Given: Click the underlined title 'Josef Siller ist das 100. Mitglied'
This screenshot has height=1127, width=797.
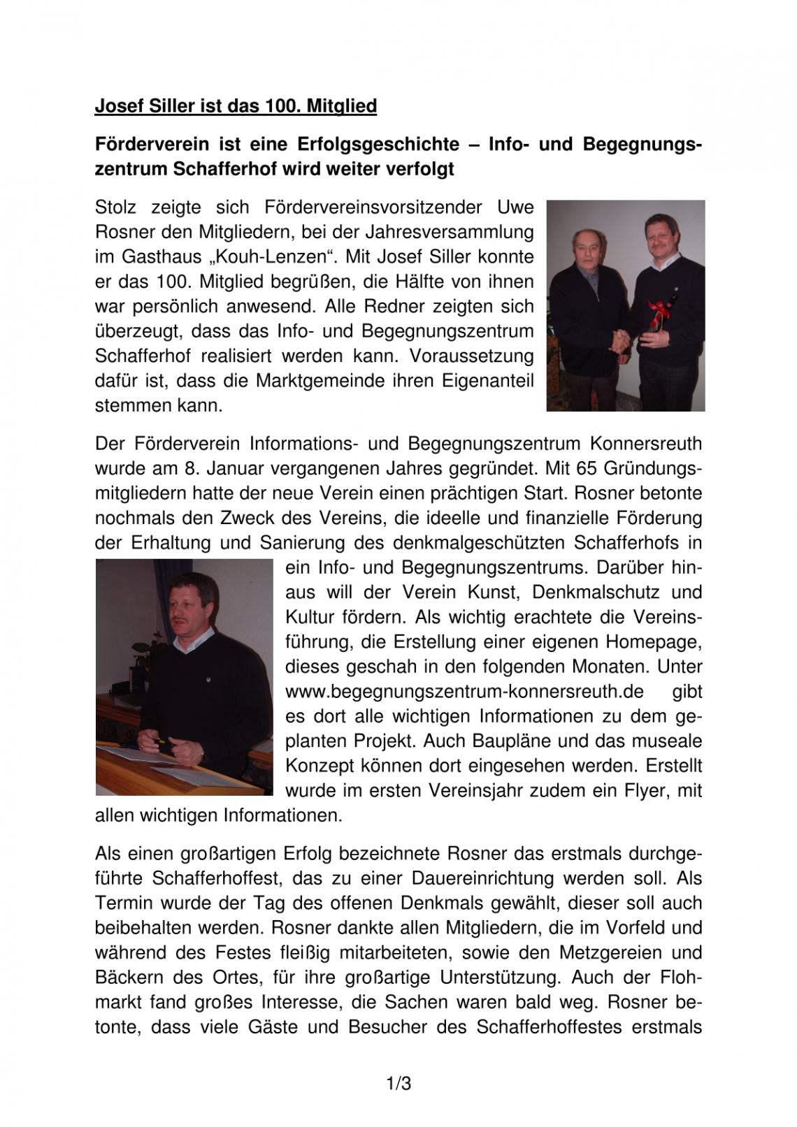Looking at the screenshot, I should [x=236, y=106].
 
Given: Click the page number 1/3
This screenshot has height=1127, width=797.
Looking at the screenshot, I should [x=398, y=1084].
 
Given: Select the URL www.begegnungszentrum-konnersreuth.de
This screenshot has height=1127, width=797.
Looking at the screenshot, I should [x=464, y=692].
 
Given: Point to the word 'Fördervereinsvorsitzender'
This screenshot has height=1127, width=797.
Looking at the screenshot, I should [x=373, y=208].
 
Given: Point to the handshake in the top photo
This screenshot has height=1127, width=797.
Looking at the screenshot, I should [x=620, y=340].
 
